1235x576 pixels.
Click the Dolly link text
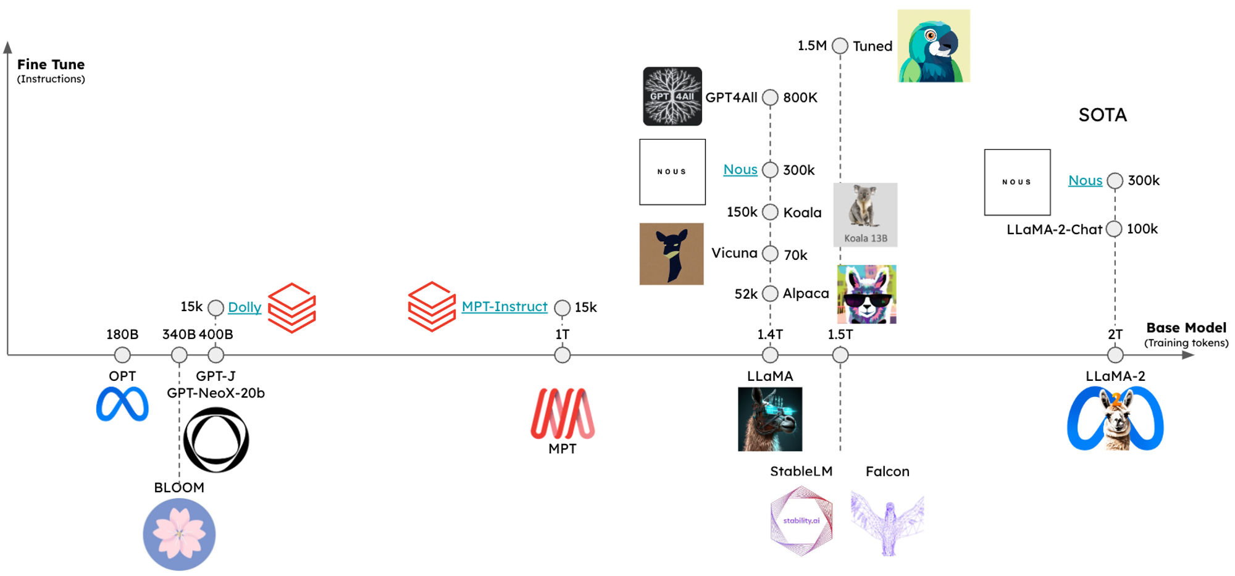click(245, 307)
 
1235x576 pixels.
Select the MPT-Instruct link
click(504, 306)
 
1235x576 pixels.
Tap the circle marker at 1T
click(562, 355)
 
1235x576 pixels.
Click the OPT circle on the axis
click(122, 355)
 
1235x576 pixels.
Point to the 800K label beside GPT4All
click(800, 98)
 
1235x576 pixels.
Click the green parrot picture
click(934, 46)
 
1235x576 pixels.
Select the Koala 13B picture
click(865, 215)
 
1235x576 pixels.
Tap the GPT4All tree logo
click(672, 96)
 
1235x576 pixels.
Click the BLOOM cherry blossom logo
click(179, 534)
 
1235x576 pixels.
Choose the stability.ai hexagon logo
click(802, 520)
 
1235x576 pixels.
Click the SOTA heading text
click(1103, 115)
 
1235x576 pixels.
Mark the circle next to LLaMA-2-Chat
click(1114, 229)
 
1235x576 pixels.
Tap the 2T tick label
click(1115, 334)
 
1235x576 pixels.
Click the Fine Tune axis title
click(51, 64)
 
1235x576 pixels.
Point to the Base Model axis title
click(1186, 328)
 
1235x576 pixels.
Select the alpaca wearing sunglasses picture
click(866, 294)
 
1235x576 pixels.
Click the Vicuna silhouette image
click(671, 254)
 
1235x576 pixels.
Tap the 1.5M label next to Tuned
click(812, 46)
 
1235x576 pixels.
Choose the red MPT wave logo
click(563, 414)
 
